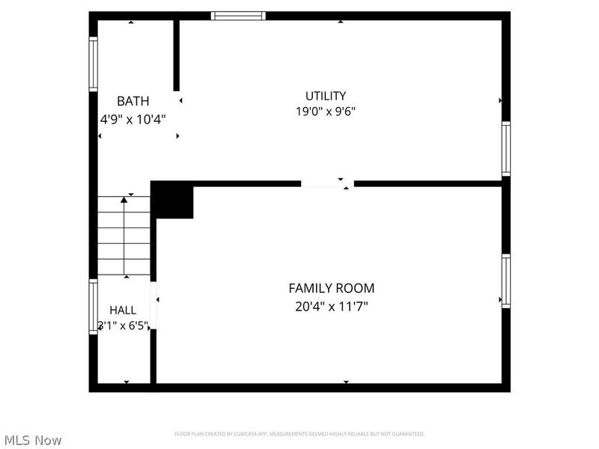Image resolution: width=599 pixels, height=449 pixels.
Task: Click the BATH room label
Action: tap(133, 101)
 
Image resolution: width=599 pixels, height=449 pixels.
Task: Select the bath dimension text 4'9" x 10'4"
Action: tap(133, 118)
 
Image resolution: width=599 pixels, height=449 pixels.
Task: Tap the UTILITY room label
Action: tap(326, 96)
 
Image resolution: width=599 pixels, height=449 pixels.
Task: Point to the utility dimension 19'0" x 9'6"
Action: tap(326, 112)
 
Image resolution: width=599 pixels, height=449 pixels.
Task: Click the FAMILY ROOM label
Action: tap(332, 288)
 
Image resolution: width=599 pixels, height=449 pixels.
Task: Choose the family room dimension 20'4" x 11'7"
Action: tap(332, 305)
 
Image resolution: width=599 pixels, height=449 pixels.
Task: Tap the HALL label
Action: tap(123, 310)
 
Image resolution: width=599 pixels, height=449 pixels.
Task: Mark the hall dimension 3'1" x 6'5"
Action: tap(124, 326)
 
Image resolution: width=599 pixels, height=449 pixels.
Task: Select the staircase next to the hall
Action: tap(124, 236)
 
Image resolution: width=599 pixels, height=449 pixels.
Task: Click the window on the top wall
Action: tap(238, 16)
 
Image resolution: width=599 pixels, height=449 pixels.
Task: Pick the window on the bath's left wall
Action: tap(94, 64)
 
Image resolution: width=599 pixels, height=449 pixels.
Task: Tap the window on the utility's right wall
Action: tap(506, 149)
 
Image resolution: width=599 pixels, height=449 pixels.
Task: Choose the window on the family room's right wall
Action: tap(506, 281)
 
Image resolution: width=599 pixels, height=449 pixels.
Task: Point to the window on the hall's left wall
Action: tap(94, 306)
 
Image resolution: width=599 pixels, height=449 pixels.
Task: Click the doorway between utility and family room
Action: tap(328, 183)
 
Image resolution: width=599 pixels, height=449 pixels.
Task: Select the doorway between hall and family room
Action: tap(153, 305)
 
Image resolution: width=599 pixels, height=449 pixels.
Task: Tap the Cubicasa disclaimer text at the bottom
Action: tap(299, 434)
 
